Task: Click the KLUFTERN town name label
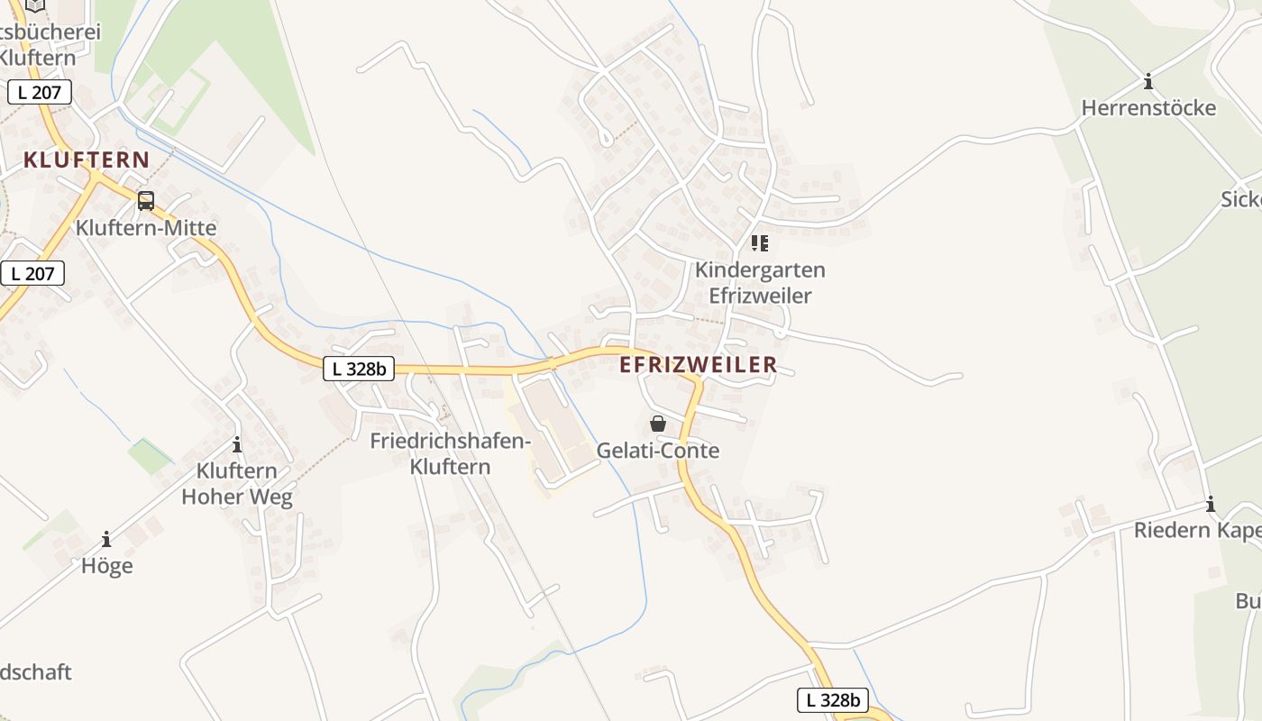(x=87, y=160)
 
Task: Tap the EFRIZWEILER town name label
(x=699, y=365)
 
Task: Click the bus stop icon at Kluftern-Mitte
(x=146, y=201)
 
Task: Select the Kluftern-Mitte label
(x=146, y=228)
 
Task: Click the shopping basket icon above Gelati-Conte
(x=658, y=423)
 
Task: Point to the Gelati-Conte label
(x=658, y=451)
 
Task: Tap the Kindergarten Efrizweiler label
(x=760, y=282)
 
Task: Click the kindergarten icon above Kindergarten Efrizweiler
(x=760, y=243)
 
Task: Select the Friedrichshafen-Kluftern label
(x=451, y=453)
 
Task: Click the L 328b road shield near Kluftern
(x=359, y=368)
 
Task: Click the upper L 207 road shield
(x=40, y=92)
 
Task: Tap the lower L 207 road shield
(x=32, y=273)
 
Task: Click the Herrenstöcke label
(x=1148, y=108)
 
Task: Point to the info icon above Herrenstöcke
(x=1148, y=82)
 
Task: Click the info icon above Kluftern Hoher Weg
(x=237, y=444)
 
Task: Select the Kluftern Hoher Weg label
(x=237, y=484)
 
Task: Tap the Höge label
(x=106, y=566)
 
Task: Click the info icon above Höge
(x=106, y=539)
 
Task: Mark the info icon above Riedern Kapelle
(x=1211, y=504)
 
